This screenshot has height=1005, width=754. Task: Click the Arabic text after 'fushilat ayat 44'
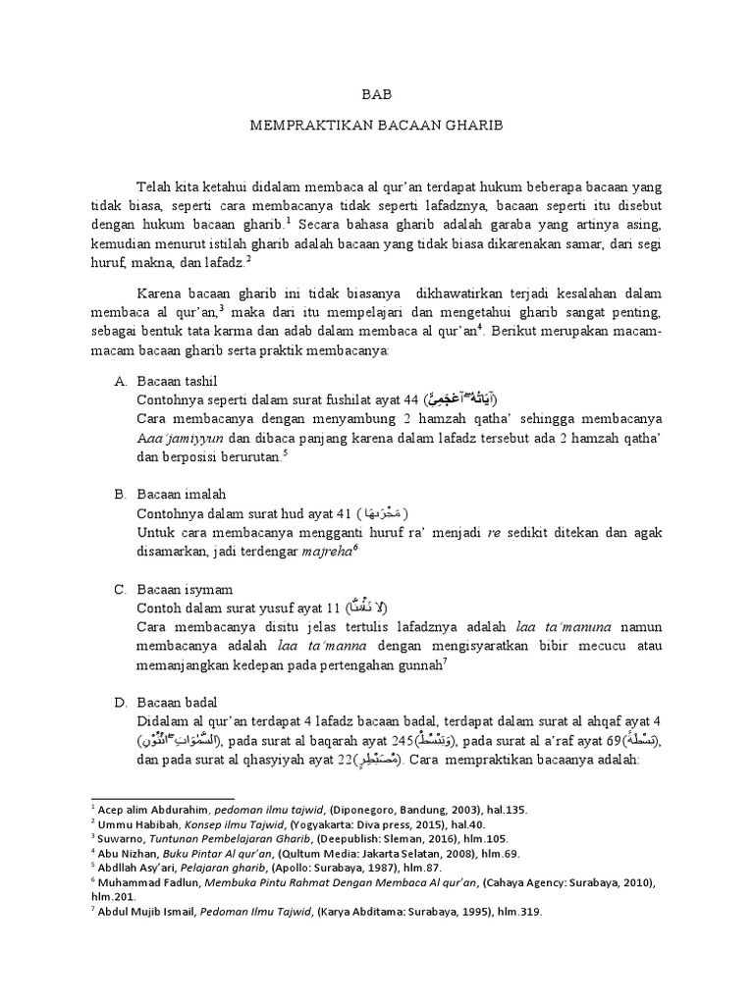click(x=461, y=399)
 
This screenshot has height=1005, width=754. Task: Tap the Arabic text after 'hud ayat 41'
click(x=382, y=514)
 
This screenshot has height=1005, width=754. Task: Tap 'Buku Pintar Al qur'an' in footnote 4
click(x=209, y=854)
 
